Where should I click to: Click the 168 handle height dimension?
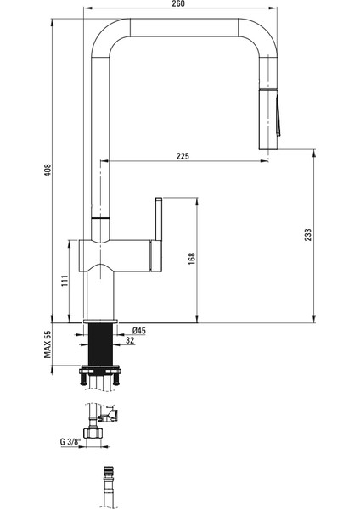click(193, 257)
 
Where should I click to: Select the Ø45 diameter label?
click(140, 330)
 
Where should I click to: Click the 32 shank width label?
click(128, 342)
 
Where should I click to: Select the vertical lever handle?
click(158, 233)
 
